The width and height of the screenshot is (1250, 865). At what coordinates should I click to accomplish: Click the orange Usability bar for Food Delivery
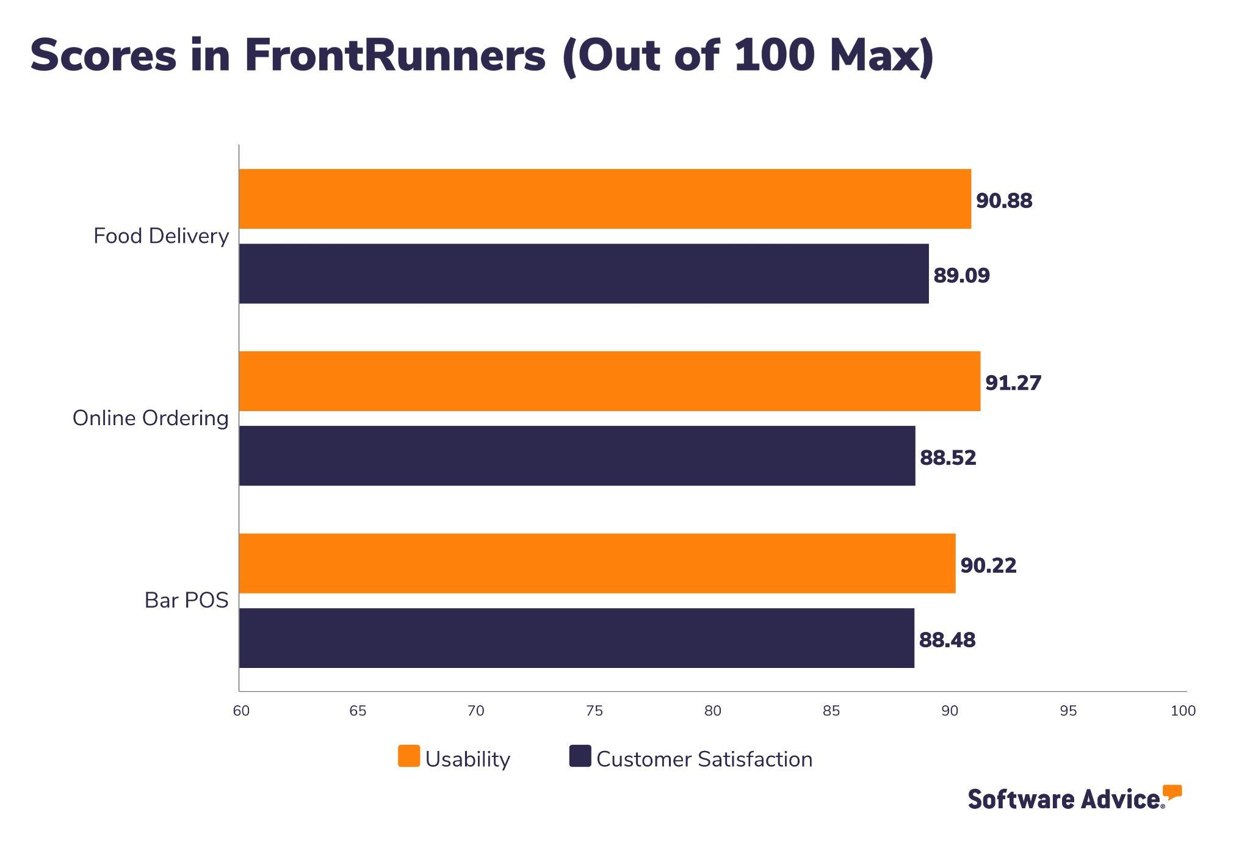coord(604,199)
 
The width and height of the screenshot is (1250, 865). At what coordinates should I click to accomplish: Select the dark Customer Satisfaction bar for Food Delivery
coord(583,274)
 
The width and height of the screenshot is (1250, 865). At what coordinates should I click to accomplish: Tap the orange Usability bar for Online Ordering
coord(609,381)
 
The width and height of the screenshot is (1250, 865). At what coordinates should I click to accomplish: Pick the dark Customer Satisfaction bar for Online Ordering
coord(577,456)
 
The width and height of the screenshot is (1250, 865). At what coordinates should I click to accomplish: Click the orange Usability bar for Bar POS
coord(597,563)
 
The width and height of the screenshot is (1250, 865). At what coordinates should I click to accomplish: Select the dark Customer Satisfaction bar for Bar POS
coord(576,638)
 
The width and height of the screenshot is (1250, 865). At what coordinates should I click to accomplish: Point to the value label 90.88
coord(1003,201)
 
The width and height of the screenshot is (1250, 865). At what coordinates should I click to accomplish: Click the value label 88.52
coord(947,458)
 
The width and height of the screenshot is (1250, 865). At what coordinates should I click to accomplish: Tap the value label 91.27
coord(1013,382)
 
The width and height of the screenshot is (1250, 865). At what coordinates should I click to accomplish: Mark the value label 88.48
coord(947,640)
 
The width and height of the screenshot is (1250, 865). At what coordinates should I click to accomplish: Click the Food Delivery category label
coord(161,236)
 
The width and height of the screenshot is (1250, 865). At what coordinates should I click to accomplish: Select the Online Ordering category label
coord(150,418)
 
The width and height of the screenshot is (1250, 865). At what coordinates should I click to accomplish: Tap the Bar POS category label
coord(186,600)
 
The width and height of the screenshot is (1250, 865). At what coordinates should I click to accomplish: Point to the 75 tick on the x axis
coord(594,711)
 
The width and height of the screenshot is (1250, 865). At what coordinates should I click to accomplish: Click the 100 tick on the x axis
coord(1182,711)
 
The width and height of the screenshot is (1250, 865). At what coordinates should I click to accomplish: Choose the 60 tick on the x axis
coord(241,711)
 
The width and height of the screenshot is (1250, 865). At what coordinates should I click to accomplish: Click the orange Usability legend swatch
coord(408,756)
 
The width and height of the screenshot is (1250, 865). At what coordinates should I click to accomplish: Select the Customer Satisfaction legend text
coord(704,759)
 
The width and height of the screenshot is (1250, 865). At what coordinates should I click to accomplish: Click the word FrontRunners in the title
coord(395,56)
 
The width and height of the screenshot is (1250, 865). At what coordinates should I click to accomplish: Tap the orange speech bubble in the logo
coord(1172,792)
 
